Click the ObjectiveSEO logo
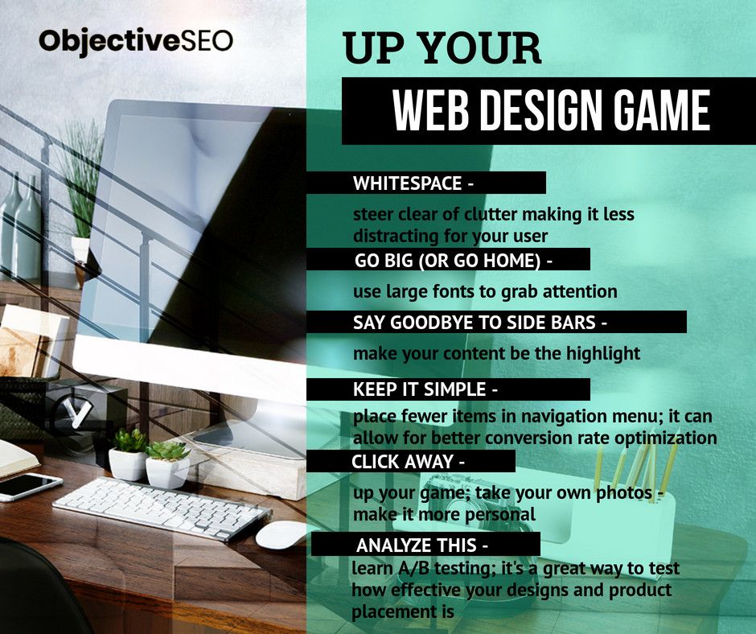coord(136,40)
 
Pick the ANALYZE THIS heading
coord(416,545)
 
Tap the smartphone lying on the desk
coord(30,486)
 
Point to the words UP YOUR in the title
coord(442,49)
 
